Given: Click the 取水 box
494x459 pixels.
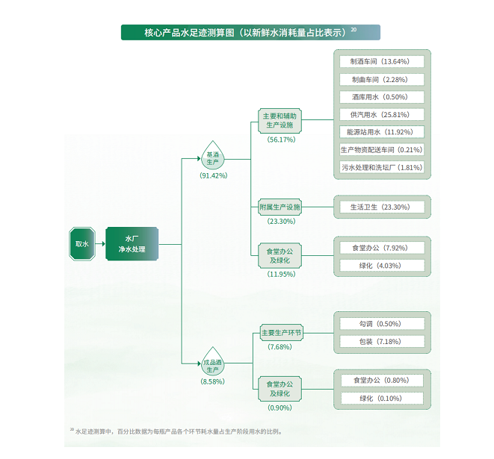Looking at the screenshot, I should point(82,244).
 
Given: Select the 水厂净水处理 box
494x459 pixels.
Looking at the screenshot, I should point(132,244).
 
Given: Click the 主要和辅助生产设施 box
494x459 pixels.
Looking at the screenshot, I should point(280,122).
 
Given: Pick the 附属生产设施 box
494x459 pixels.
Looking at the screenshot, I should point(280,207).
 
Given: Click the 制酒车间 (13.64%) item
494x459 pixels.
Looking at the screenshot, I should point(381,61).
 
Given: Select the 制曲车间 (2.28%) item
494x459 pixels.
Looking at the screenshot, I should point(381,79).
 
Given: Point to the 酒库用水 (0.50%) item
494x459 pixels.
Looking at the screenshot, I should point(381,97).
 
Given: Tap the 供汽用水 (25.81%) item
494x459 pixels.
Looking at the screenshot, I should point(381,114).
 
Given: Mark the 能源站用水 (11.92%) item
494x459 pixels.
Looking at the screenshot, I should point(381,132).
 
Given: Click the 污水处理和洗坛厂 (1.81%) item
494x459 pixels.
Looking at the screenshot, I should point(381,167).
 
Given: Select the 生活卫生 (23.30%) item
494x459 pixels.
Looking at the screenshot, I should point(381,207).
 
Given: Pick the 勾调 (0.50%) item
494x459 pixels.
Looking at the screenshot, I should point(381,323).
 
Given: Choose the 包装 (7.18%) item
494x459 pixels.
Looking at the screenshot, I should point(381,341).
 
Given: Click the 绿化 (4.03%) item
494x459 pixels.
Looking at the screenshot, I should point(381,265).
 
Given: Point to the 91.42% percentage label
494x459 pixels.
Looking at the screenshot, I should point(213,175).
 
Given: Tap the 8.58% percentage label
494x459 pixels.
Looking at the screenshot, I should point(213,381).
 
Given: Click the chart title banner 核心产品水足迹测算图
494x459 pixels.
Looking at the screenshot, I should point(250,32).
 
